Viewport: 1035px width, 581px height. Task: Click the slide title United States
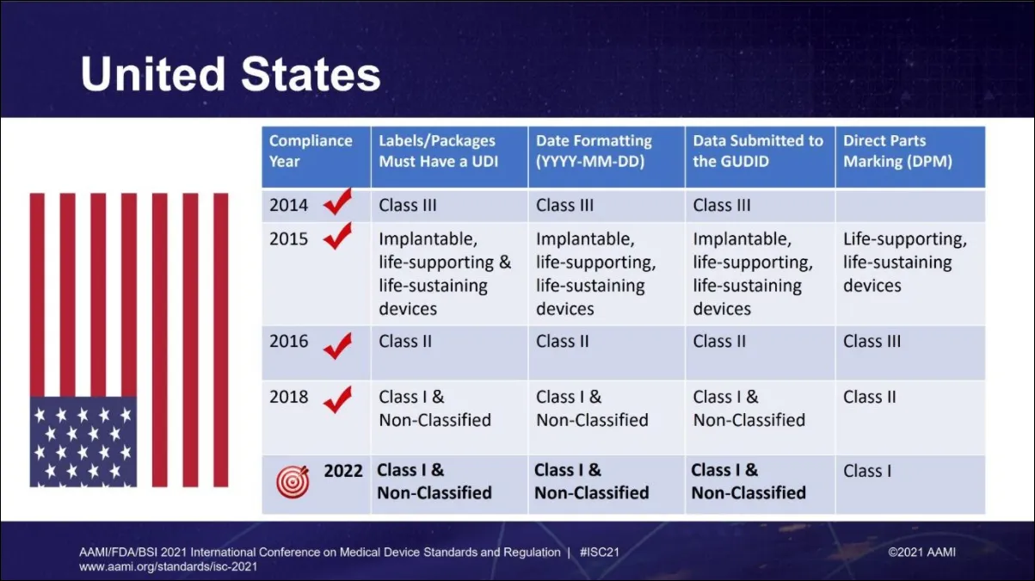[x=231, y=75]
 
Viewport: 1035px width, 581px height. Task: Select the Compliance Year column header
[x=311, y=151]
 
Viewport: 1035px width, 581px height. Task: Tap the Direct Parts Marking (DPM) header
[x=897, y=151]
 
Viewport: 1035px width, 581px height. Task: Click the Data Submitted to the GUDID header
[x=758, y=151]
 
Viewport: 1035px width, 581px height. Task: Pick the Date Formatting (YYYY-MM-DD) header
[x=594, y=151]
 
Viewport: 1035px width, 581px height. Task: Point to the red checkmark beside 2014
[x=337, y=204]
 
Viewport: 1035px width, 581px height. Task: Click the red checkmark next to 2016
[x=337, y=346]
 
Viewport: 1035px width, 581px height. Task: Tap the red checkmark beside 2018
[x=337, y=399]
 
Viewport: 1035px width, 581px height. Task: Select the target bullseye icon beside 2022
[x=292, y=482]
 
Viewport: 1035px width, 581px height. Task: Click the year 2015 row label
[x=288, y=238]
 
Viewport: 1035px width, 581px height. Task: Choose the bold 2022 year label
[x=343, y=471]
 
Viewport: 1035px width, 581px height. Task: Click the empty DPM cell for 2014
[x=909, y=206]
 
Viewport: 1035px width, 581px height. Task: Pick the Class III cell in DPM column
[x=872, y=341]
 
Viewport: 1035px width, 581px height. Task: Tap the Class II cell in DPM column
[x=869, y=397]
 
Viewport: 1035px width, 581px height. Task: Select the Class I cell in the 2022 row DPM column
[x=867, y=471]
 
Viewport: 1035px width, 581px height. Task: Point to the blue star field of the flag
[x=83, y=441]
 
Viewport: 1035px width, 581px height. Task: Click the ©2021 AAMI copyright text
[x=921, y=552]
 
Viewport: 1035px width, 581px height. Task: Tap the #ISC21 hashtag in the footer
[x=600, y=552]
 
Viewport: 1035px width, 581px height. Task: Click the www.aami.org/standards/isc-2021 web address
[x=168, y=567]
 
